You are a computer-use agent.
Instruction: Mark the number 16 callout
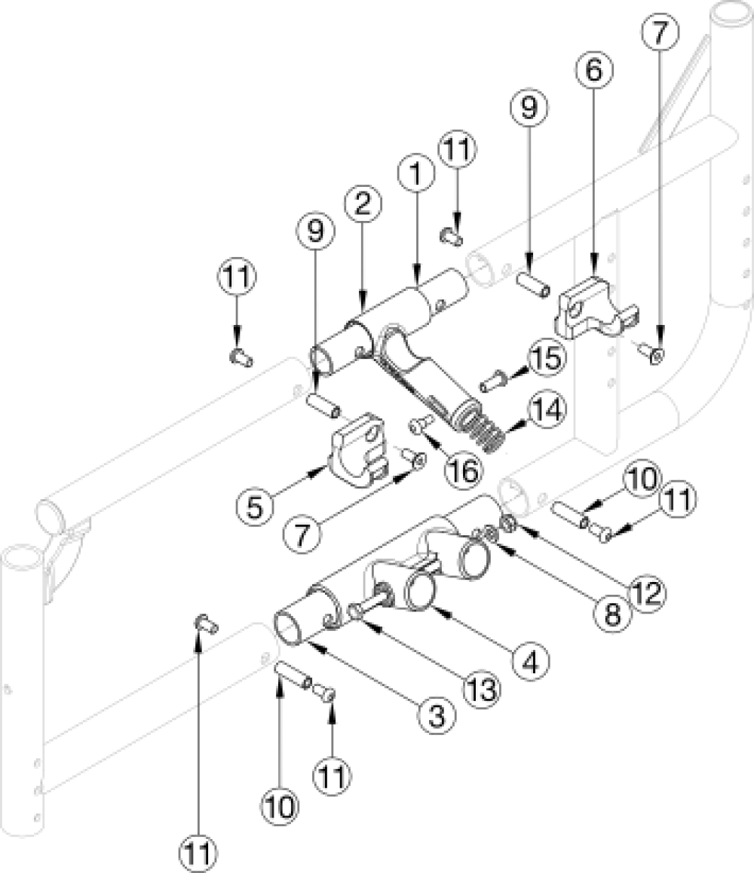coord(462,470)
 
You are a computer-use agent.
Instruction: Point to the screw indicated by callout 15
coord(492,381)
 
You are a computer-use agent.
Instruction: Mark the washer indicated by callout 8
coord(490,535)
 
